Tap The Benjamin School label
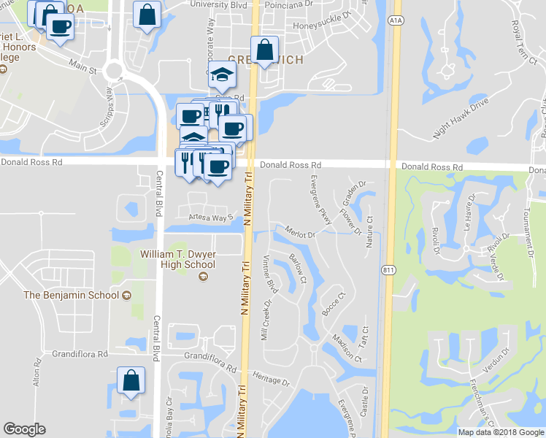pyautogui.click(x=71, y=295)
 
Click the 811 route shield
pyautogui.click(x=387, y=270)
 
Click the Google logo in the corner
pyautogui.click(x=25, y=429)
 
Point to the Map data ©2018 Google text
pyautogui.click(x=500, y=432)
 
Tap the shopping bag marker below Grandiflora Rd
pyautogui.click(x=131, y=380)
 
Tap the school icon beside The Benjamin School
pyautogui.click(x=127, y=295)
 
